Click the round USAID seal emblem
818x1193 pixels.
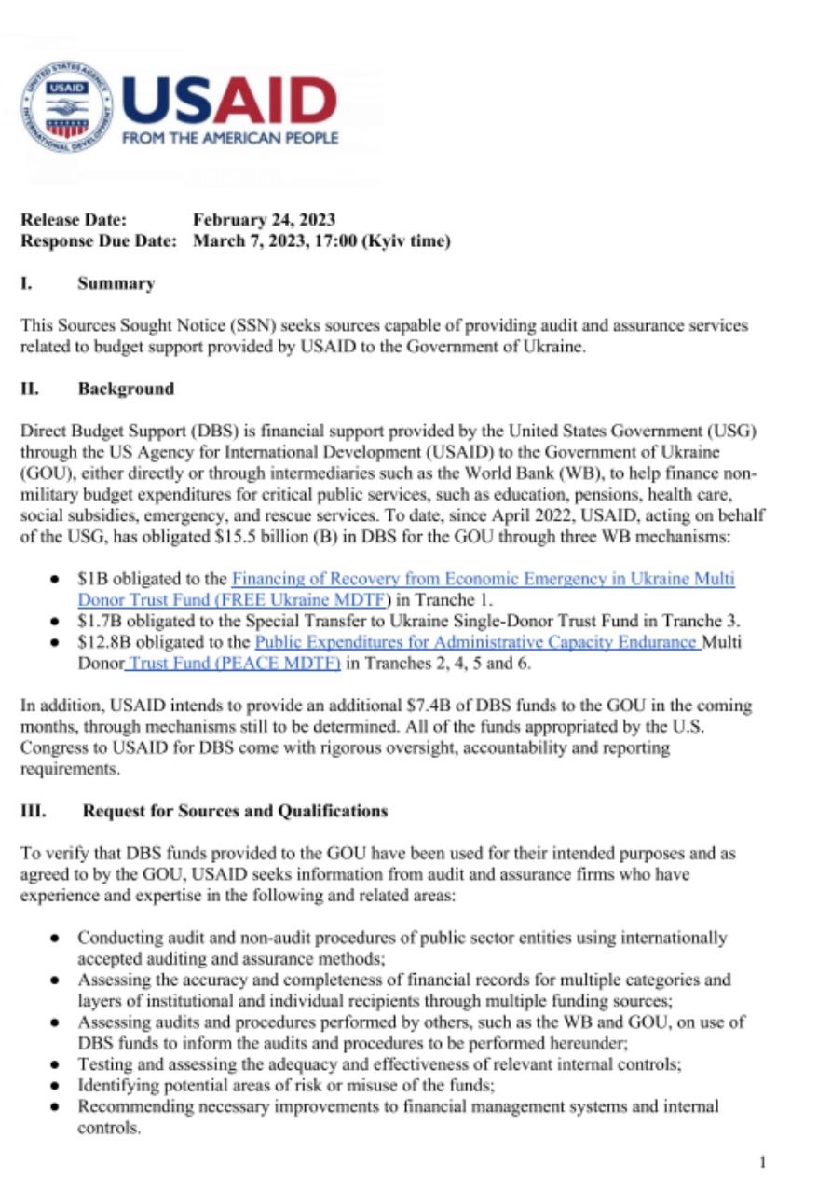[66, 106]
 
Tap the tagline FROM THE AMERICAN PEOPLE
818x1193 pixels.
[230, 138]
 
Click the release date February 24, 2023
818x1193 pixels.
[264, 220]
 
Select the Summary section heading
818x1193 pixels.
[116, 283]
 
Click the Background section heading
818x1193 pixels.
[126, 389]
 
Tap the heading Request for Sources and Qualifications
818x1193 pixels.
[235, 811]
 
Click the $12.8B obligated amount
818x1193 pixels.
[100, 642]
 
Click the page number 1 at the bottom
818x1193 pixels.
[763, 1161]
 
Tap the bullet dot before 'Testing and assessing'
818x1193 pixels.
[57, 1064]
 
